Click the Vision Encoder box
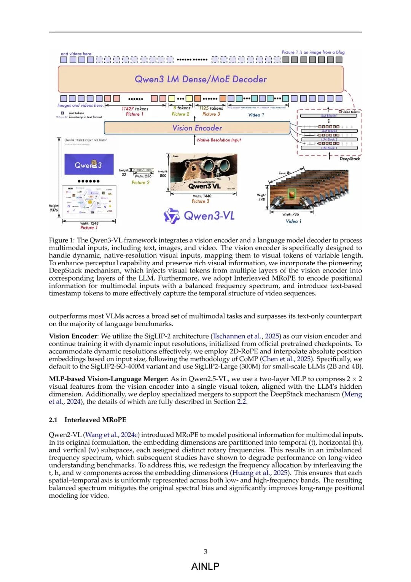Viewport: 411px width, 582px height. pos(197,128)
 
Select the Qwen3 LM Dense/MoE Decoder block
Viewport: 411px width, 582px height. pos(201,79)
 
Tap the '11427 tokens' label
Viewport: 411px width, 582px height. pos(135,109)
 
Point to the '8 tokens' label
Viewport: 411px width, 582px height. pos(182,108)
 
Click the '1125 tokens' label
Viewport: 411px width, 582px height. pos(211,108)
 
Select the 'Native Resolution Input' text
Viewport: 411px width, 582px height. pos(219,140)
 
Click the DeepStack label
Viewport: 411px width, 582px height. pos(349,159)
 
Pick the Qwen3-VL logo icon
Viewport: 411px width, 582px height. pos(171,216)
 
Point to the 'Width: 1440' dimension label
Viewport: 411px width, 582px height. pos(202,196)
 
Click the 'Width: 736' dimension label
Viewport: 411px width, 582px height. pos(291,215)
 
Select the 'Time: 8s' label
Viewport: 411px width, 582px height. pos(284,173)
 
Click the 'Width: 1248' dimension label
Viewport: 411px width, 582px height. pos(89,223)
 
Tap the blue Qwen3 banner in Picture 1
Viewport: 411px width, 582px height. pos(89,165)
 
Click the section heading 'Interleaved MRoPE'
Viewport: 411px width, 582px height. pos(95,420)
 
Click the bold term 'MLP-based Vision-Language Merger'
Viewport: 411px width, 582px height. pos(108,379)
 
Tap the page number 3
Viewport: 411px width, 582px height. pos(205,552)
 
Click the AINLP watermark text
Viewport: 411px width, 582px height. pos(205,566)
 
